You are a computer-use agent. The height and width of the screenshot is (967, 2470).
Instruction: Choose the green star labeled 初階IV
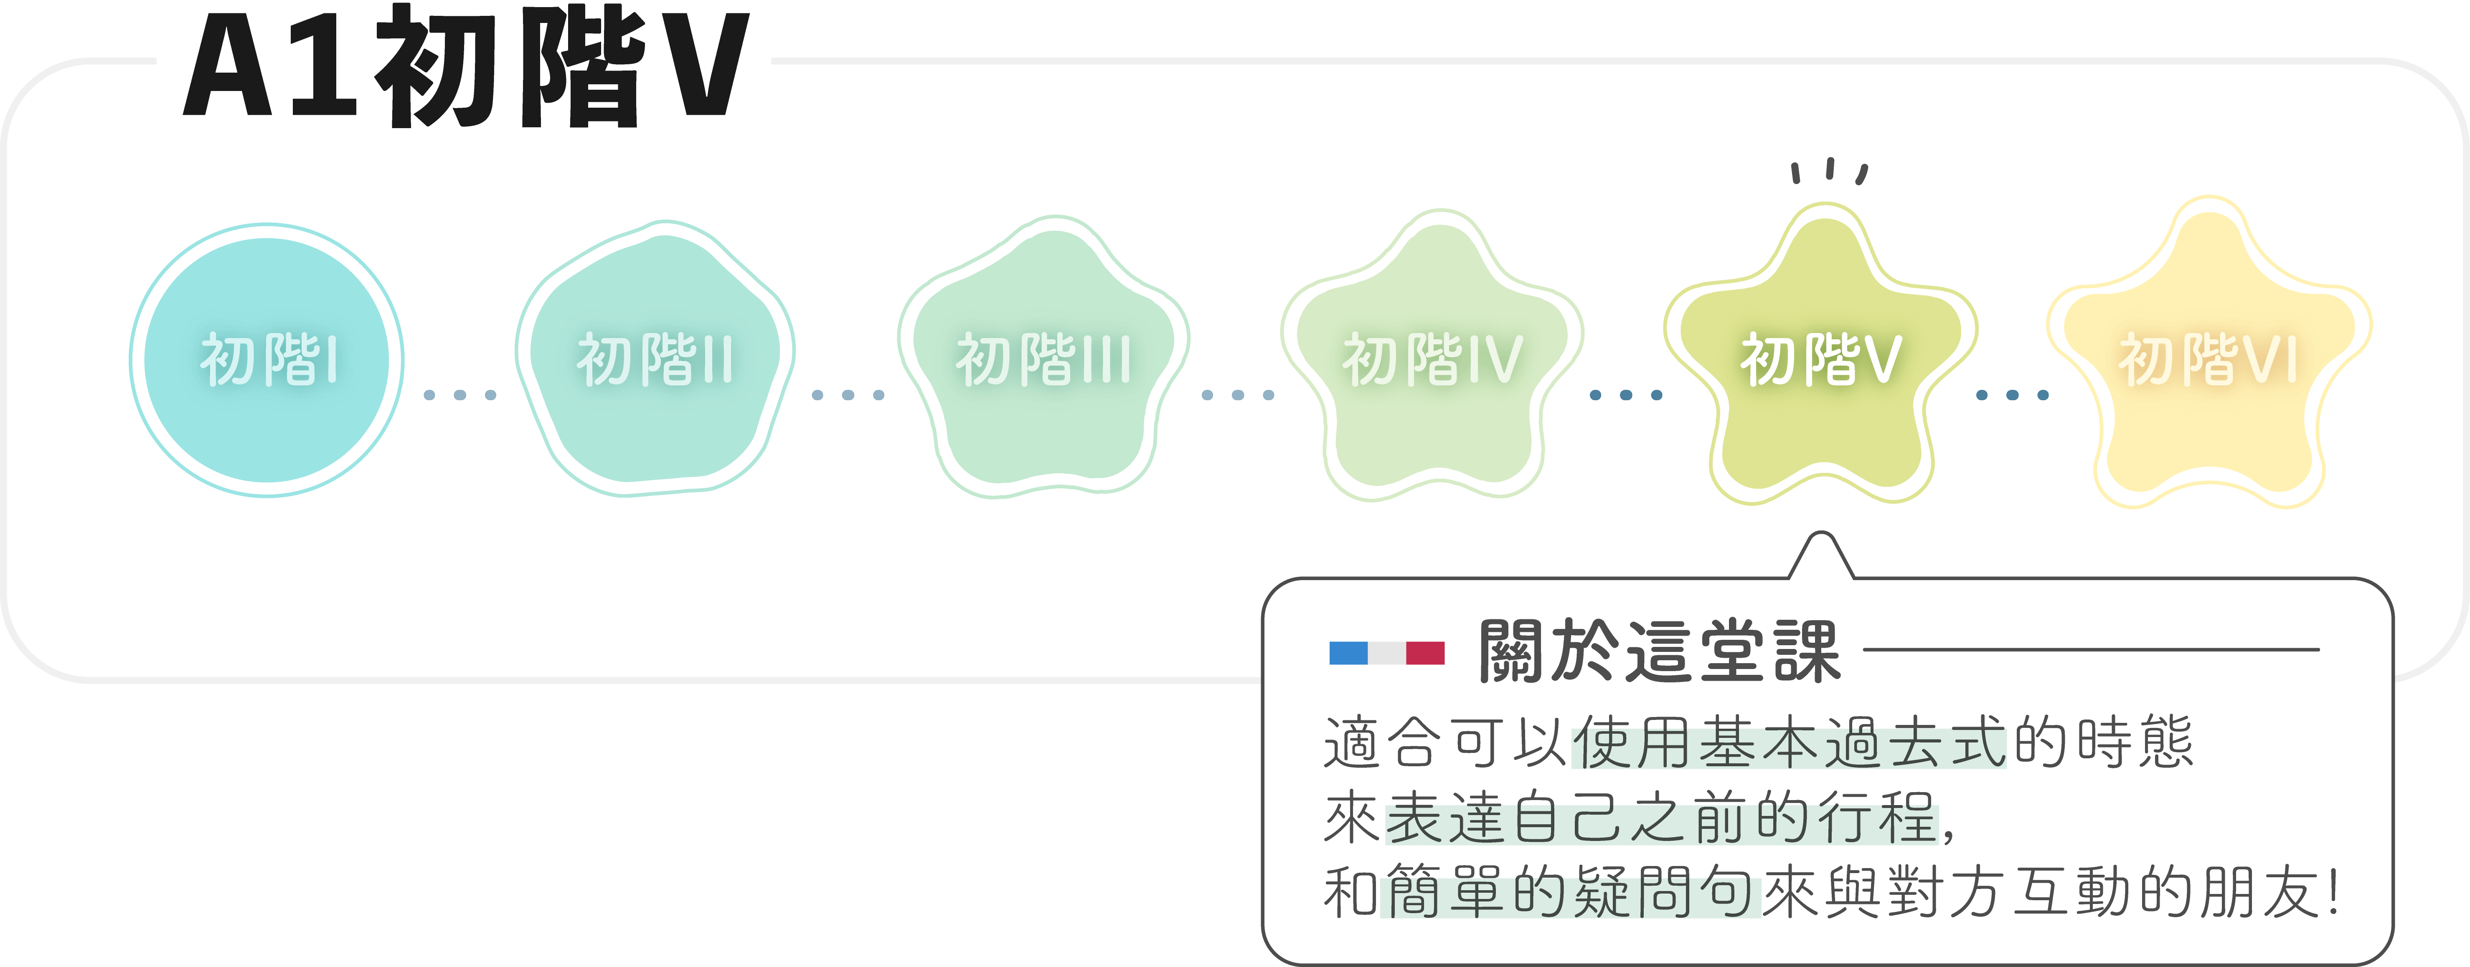point(1432,360)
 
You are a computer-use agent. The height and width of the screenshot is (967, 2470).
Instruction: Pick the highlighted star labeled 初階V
point(1820,360)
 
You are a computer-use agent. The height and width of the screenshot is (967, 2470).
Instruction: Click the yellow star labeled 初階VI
point(2208,360)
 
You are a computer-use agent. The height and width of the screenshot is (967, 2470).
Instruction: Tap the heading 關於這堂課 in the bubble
point(1659,652)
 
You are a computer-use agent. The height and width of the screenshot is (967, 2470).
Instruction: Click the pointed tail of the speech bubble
point(1820,558)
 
